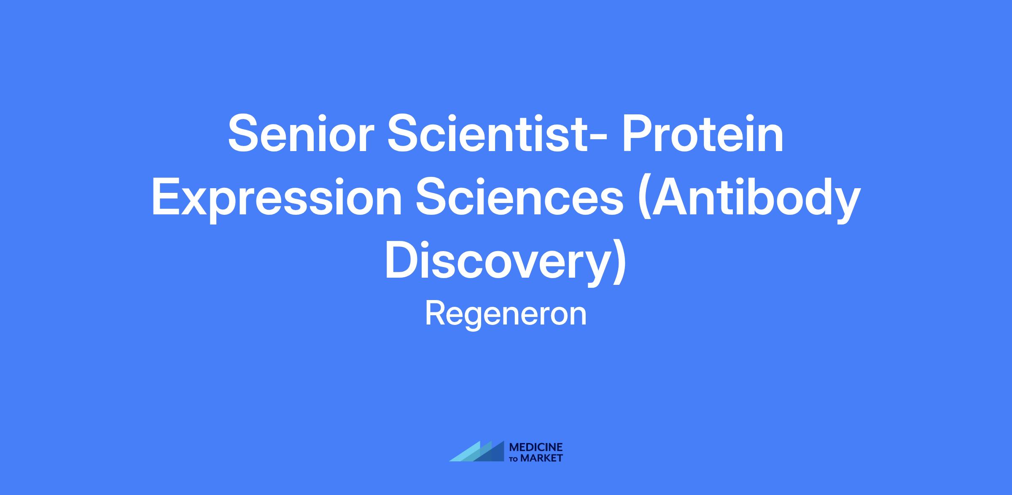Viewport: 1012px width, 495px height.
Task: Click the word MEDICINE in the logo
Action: [x=536, y=447]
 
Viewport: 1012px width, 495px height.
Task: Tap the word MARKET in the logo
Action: [x=542, y=458]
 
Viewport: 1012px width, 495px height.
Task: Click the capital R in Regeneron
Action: [x=436, y=314]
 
